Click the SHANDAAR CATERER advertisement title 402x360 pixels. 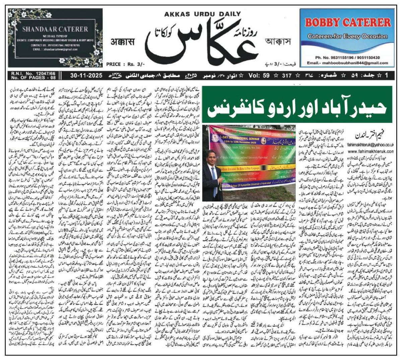(55, 29)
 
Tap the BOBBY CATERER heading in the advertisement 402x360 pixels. (348, 23)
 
